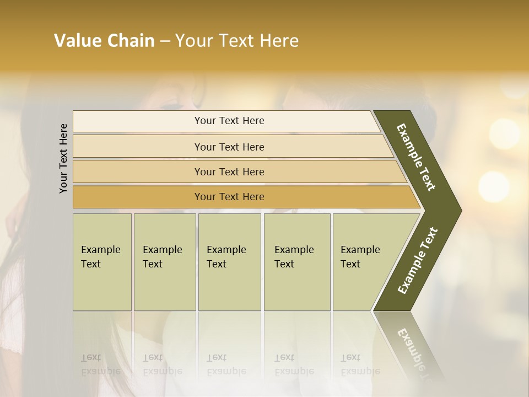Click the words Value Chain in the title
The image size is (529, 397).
pos(104,41)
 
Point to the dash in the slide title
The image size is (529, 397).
pos(165,41)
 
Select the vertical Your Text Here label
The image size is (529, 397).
pos(64,158)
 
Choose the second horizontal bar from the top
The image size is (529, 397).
pos(229,147)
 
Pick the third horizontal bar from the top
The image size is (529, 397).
pos(229,171)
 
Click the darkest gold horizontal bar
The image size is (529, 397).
pos(229,197)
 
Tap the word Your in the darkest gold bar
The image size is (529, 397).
pos(204,197)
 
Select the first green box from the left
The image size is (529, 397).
pos(102,261)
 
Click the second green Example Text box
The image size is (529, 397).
pos(165,261)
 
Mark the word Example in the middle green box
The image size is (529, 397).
pos(226,250)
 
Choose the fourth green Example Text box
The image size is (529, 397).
pos(297,261)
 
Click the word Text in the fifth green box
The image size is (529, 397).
pos(350,264)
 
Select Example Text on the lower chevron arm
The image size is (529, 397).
pos(417,260)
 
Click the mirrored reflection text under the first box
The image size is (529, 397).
pos(100,364)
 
